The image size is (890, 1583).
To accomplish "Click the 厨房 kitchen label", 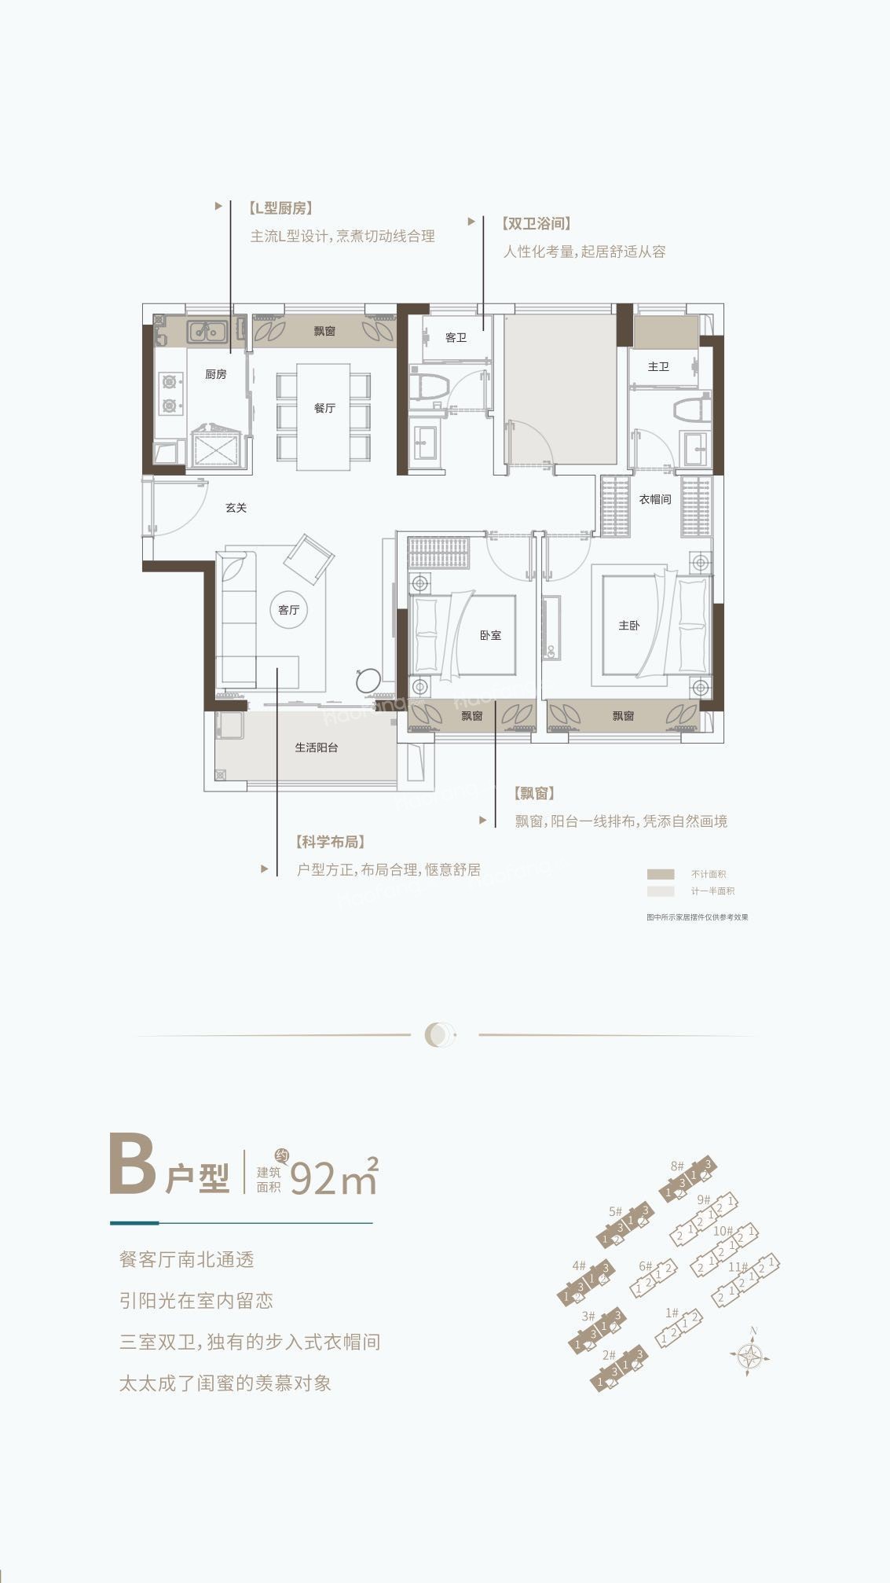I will [x=216, y=374].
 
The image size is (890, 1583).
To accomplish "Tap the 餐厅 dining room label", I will [x=324, y=408].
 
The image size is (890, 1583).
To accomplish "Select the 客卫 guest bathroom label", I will [x=456, y=338].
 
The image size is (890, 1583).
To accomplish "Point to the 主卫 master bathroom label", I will [x=658, y=366].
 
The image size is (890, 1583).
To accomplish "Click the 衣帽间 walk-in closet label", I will [x=654, y=499].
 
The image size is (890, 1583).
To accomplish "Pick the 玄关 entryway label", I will [x=236, y=508].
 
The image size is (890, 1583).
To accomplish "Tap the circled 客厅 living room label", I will [x=289, y=609].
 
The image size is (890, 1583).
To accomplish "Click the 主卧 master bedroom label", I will [x=628, y=626].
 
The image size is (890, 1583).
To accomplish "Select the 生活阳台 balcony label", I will [x=317, y=747].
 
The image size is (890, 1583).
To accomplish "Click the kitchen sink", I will [x=207, y=331].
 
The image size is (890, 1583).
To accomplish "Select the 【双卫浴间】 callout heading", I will [x=537, y=223].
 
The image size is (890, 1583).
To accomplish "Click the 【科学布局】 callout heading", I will [x=331, y=842].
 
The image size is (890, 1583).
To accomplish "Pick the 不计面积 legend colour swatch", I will [x=661, y=874].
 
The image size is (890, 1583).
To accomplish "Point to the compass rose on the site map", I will [x=753, y=1356].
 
